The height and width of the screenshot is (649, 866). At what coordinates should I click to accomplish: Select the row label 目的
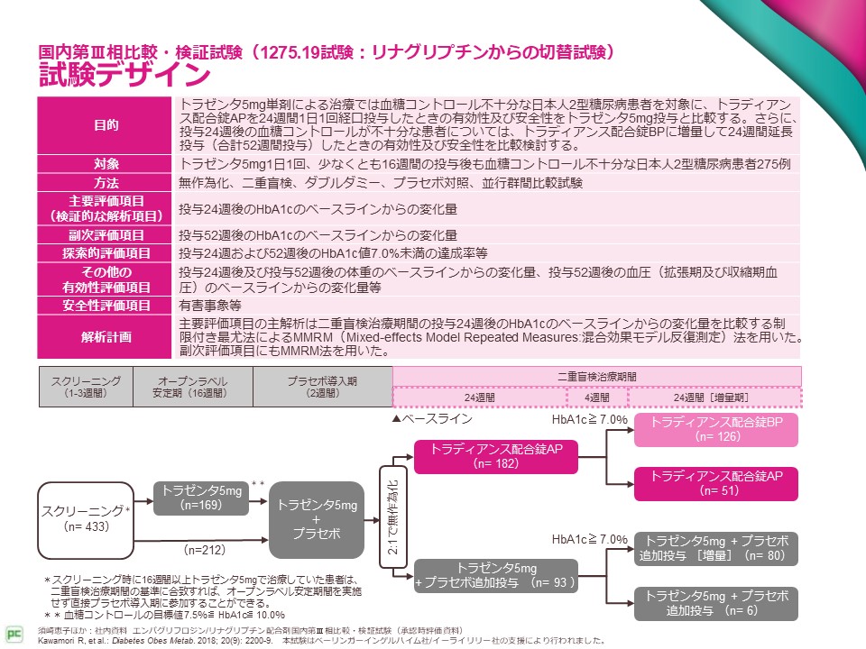(106, 124)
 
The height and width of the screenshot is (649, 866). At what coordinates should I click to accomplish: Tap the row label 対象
(106, 164)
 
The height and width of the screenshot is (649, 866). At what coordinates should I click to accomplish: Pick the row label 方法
(106, 183)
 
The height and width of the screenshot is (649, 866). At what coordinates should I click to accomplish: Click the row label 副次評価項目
(106, 235)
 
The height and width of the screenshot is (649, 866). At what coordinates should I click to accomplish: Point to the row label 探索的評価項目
(106, 253)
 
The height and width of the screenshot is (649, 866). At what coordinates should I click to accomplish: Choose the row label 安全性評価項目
(106, 306)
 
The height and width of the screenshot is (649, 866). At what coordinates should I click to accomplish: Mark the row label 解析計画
(106, 337)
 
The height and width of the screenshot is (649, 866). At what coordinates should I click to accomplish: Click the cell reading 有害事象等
(208, 306)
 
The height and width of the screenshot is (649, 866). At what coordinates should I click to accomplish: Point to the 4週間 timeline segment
(596, 397)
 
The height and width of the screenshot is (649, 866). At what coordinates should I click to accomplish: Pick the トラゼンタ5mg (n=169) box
(201, 498)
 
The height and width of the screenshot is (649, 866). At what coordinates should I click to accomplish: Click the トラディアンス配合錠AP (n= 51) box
(717, 482)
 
